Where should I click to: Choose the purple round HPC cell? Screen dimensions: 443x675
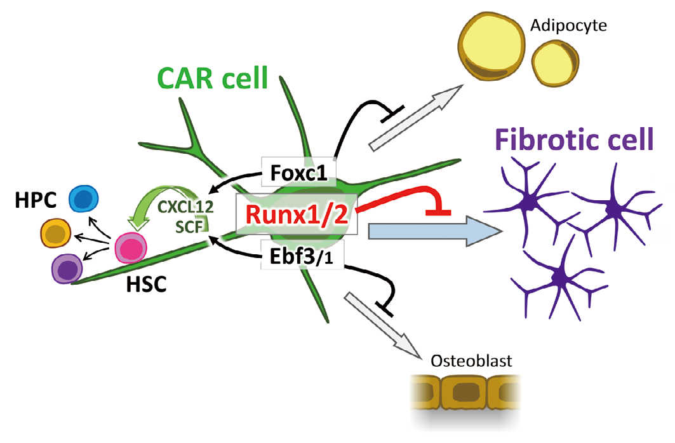67,269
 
